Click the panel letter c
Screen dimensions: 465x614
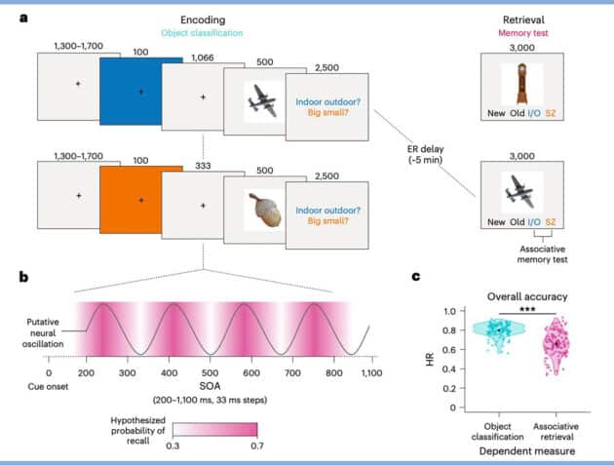pos(414,276)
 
